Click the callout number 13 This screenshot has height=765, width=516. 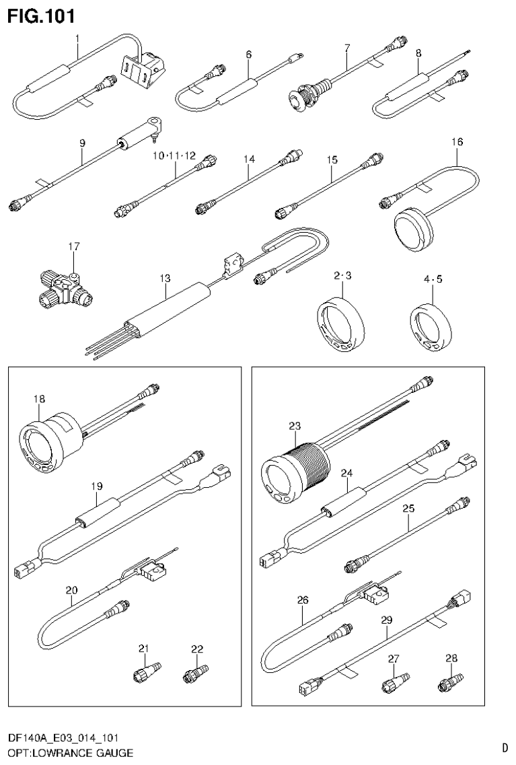(165, 278)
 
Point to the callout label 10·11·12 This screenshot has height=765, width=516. (174, 155)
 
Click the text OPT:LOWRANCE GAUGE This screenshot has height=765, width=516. (70, 752)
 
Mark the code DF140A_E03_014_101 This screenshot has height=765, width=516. (65, 739)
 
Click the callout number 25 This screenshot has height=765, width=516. (408, 509)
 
